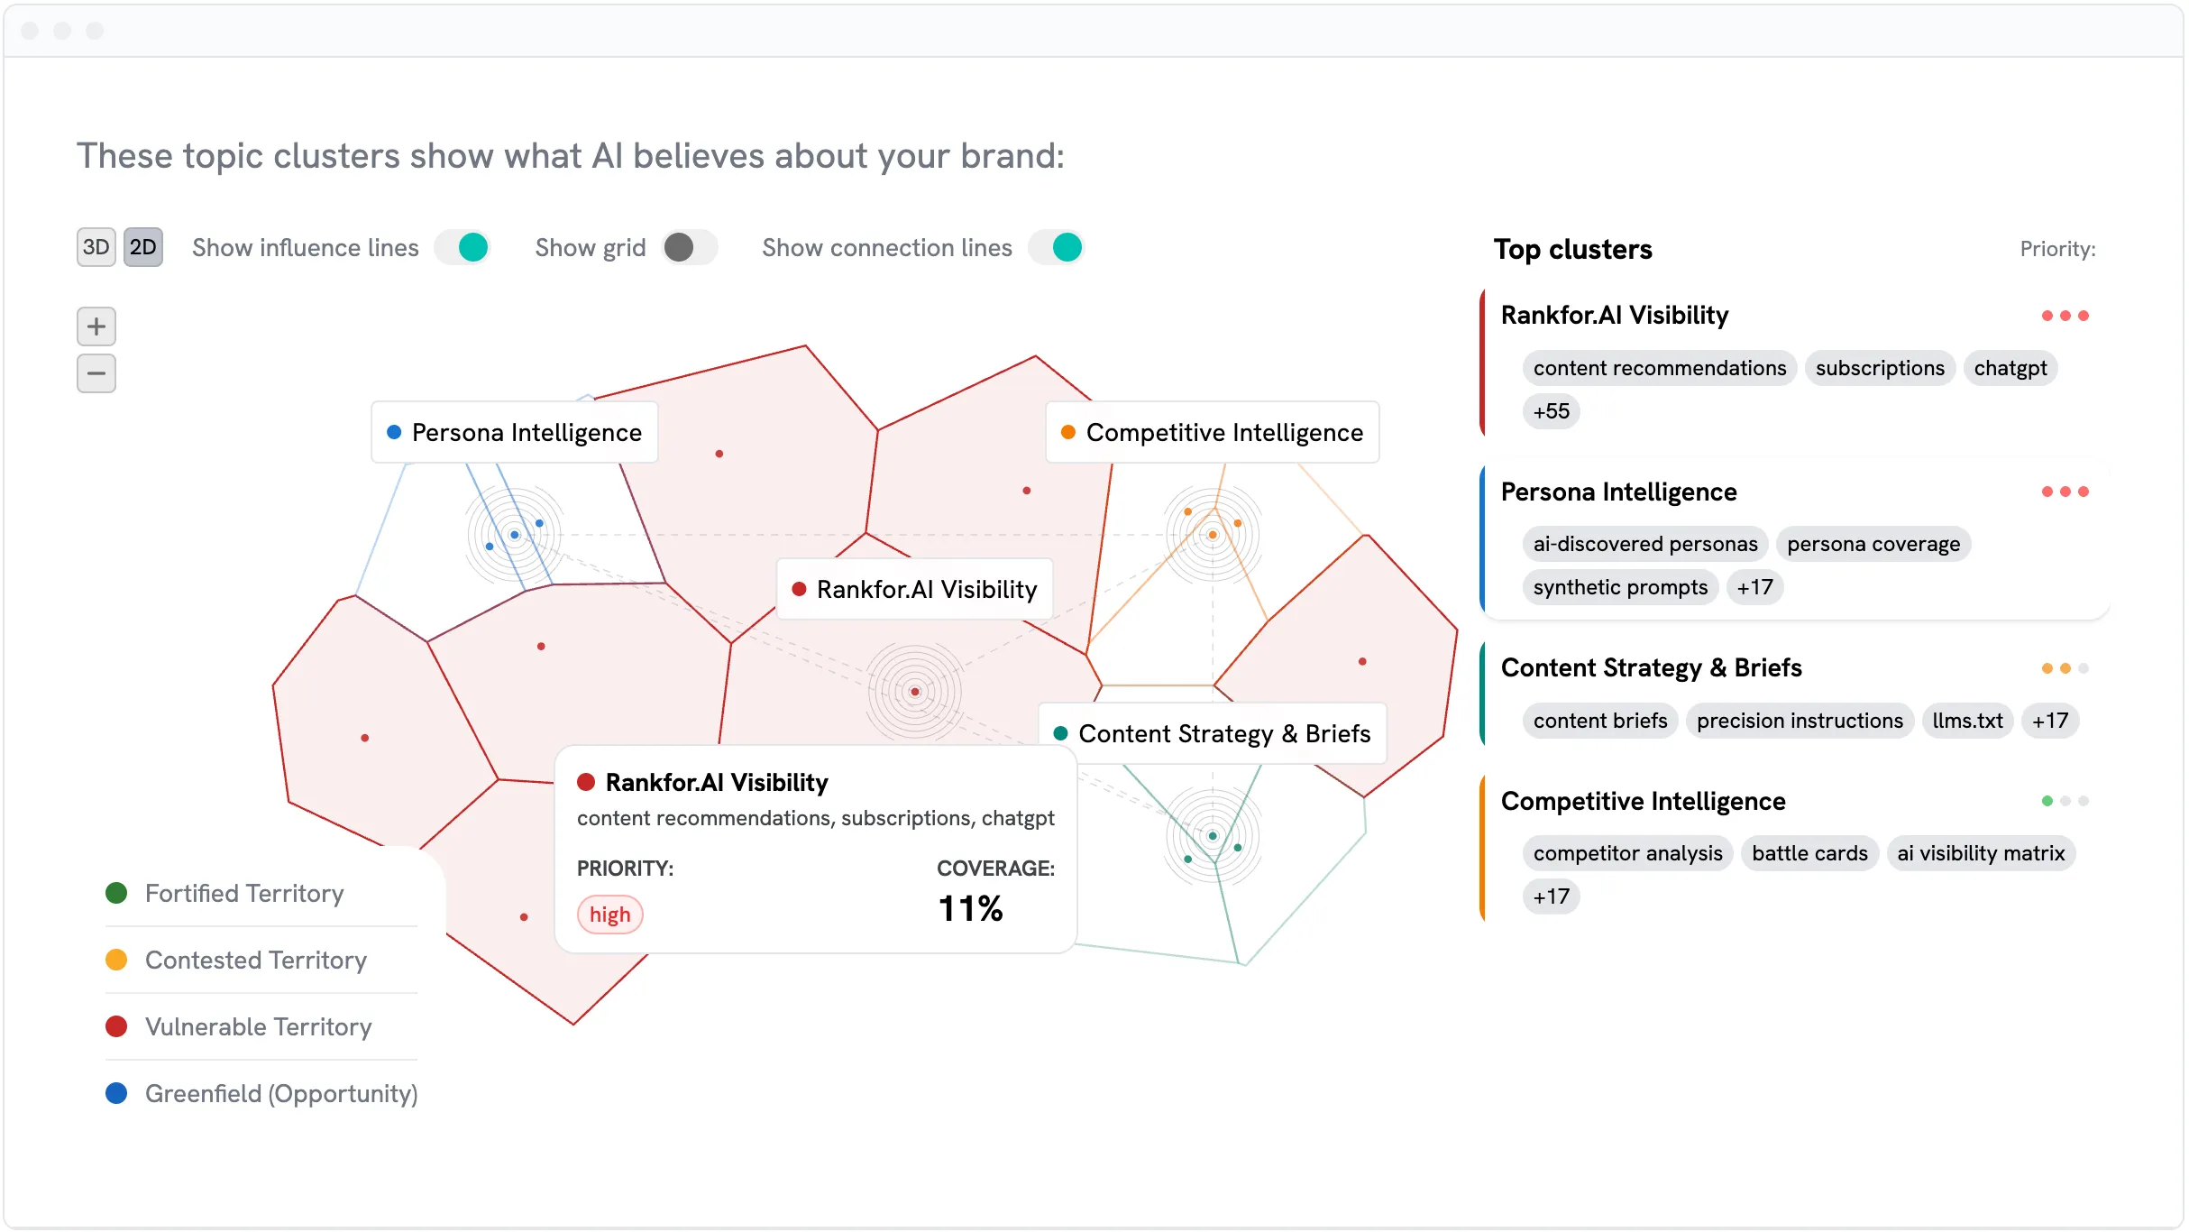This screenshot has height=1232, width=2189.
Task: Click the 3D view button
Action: (96, 247)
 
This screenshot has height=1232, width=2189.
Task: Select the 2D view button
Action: (143, 247)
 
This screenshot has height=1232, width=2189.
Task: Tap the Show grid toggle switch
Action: (689, 247)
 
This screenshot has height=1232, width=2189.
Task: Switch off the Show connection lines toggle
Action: (1056, 247)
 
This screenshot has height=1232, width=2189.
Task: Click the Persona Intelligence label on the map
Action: (515, 433)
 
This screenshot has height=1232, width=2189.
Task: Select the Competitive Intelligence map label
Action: (1213, 433)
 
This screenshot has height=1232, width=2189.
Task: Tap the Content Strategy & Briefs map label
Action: (1213, 734)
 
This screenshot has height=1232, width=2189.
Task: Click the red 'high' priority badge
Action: (610, 915)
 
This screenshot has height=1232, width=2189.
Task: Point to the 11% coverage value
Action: (970, 909)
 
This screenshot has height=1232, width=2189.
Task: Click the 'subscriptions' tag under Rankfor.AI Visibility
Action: (1880, 368)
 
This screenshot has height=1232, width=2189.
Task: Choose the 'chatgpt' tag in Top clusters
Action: (2010, 368)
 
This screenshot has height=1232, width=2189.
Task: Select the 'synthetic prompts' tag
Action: (1620, 588)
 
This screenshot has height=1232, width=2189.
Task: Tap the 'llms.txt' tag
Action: (1967, 721)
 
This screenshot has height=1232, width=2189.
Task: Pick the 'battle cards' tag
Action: (1809, 853)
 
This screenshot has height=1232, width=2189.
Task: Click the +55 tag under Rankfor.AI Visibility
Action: (1552, 411)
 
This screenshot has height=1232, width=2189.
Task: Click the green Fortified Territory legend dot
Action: (116, 893)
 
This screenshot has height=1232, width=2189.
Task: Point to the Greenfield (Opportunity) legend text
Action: (281, 1094)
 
